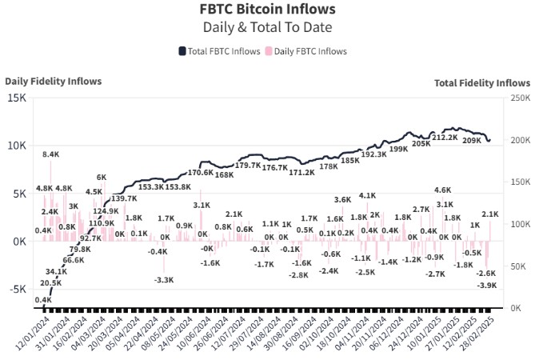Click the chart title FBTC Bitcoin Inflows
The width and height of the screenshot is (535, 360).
click(267, 10)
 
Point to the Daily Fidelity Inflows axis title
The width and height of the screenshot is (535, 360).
click(52, 82)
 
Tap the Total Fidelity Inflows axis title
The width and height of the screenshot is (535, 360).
click(481, 82)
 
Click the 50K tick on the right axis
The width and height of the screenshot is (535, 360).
click(517, 266)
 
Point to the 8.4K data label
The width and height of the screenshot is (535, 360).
click(51, 154)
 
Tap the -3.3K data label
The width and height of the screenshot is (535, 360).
click(164, 280)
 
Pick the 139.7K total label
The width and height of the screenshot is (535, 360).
click(123, 198)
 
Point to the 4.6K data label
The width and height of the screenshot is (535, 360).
click(442, 190)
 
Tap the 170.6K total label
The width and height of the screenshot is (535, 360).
click(200, 172)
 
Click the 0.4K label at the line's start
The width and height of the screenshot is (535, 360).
click(42, 299)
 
